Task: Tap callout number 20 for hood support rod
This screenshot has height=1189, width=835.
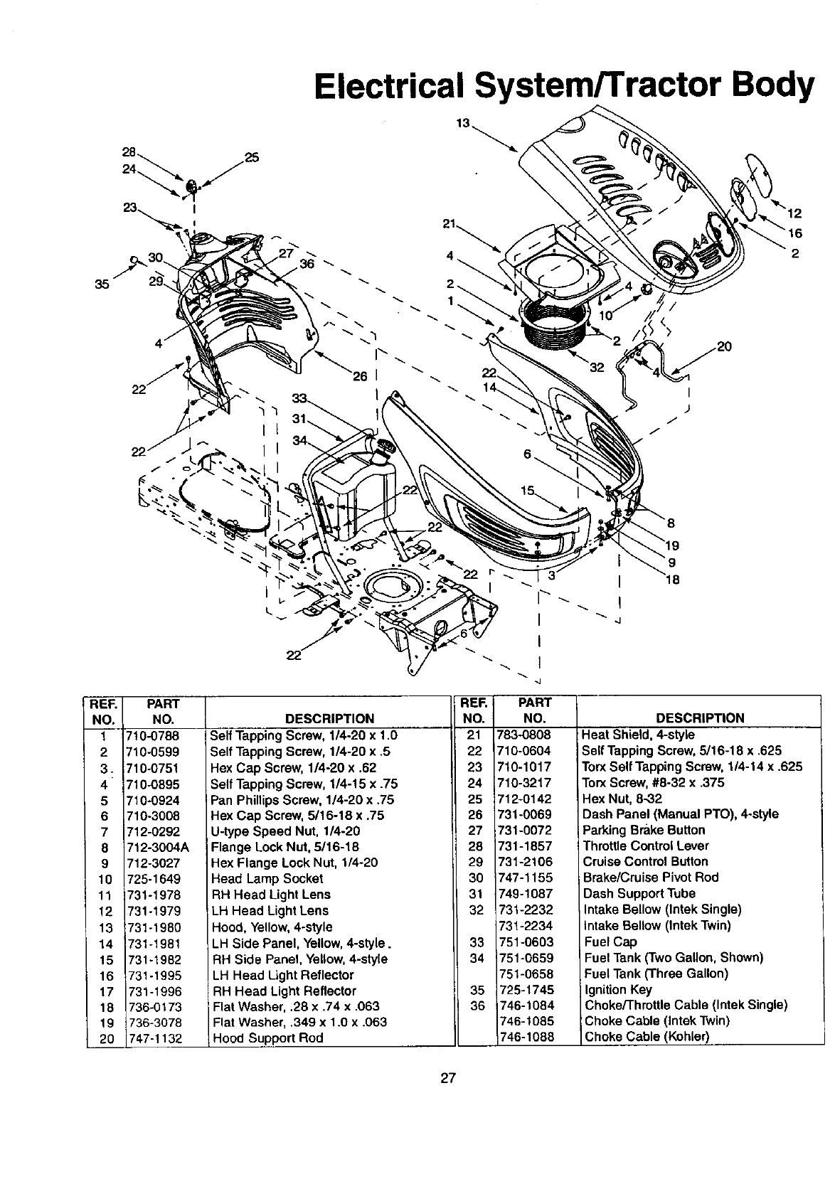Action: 724,347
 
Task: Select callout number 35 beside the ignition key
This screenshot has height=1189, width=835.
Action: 102,284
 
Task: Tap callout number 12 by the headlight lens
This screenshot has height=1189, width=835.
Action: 794,213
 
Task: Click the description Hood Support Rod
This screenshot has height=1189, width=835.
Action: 267,1038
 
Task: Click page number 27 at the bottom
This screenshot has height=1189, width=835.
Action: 447,1078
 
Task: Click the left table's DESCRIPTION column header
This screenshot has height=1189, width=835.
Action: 329,718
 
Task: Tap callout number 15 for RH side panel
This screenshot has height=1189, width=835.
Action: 527,491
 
